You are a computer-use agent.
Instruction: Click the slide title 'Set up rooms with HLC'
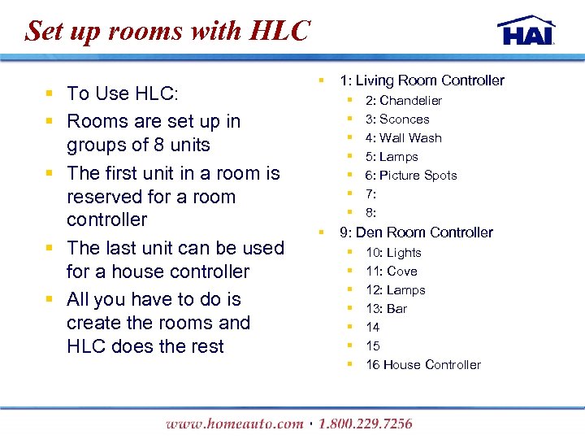coord(168,31)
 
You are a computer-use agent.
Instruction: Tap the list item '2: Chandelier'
coord(403,101)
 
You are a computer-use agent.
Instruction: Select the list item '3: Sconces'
coord(396,120)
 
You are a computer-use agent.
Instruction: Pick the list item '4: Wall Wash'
coord(403,138)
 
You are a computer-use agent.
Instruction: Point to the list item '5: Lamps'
coord(392,157)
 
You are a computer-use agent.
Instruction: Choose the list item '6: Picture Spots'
coord(411,176)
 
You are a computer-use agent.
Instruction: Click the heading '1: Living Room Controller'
coord(422,80)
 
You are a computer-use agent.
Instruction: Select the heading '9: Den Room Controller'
coord(416,233)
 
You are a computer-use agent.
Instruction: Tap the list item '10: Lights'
coord(393,253)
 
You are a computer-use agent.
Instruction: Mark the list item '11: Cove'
coord(391,272)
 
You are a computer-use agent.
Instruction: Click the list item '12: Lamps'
coord(395,290)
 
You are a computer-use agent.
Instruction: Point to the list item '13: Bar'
coord(386,309)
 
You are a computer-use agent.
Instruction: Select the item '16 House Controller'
coord(422,365)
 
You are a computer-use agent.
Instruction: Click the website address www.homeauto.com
coord(233,424)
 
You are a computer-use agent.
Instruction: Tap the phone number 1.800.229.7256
coord(366,424)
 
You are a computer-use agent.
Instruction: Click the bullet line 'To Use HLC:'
coord(123,93)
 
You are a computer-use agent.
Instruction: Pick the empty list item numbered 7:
coord(370,194)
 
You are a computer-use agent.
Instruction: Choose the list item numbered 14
coord(372,328)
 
